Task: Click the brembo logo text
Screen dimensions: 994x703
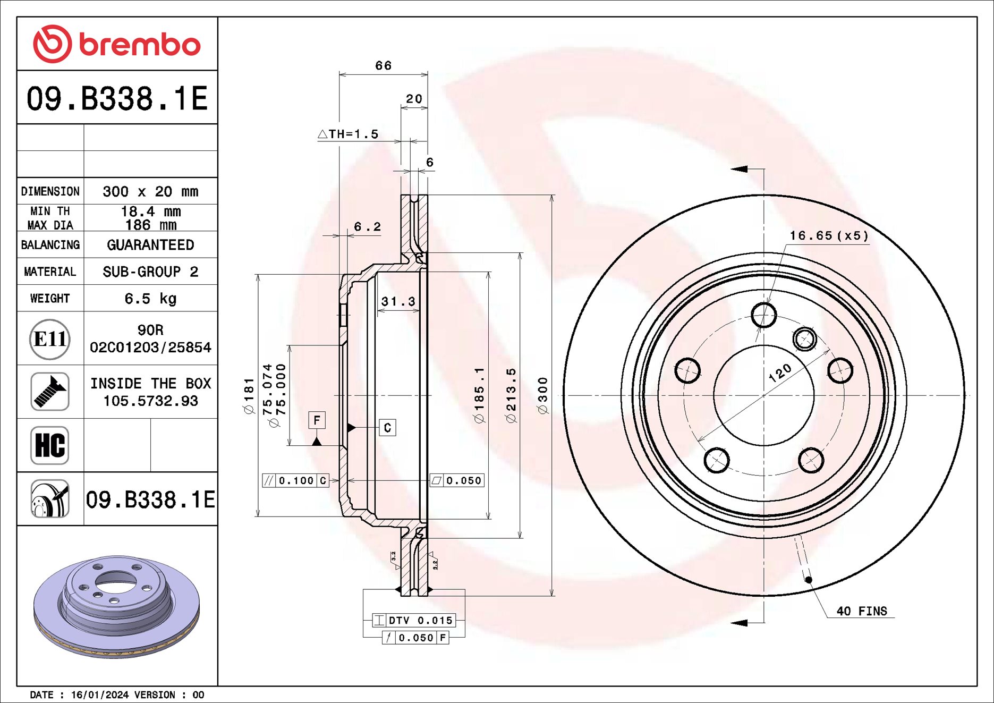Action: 140,44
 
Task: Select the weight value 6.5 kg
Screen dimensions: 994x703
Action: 150,299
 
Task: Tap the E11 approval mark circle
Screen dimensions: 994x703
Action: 50,339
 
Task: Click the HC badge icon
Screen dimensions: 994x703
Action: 50,445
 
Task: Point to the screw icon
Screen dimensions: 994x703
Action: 50,392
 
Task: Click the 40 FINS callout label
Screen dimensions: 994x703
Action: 862,611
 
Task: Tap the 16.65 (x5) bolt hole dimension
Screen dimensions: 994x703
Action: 829,235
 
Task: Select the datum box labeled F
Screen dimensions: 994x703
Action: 317,420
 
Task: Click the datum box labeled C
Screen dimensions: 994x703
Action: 387,428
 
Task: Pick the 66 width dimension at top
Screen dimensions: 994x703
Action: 384,65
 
